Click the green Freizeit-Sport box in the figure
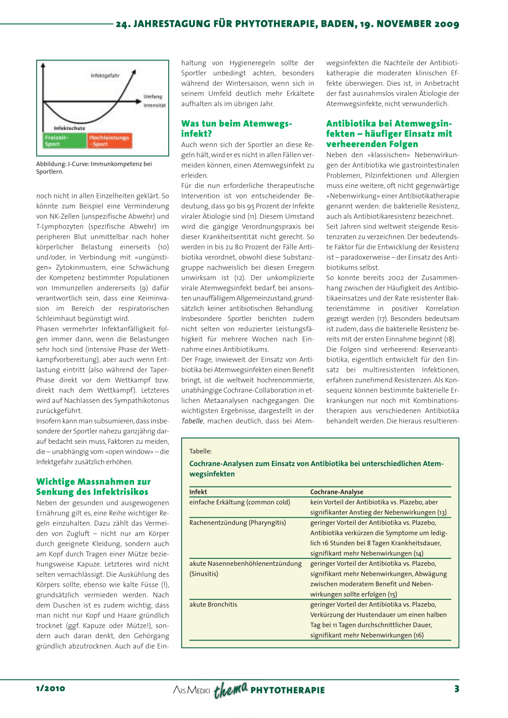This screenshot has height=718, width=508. click(64, 141)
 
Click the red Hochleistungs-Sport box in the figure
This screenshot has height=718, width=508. click(110, 141)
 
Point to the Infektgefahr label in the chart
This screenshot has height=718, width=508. click(105, 76)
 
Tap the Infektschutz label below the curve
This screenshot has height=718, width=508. click(69, 128)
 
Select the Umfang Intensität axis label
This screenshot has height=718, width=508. click(154, 101)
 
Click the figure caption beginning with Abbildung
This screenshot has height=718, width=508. click(94, 168)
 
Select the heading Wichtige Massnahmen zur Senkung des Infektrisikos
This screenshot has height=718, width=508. click(93, 486)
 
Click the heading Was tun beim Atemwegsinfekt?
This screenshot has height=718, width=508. click(237, 128)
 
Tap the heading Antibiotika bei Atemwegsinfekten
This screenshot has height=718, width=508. click(389, 133)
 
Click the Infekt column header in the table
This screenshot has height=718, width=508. click(198, 492)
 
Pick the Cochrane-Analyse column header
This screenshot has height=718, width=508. click(337, 492)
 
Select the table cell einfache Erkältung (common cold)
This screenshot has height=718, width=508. click(240, 502)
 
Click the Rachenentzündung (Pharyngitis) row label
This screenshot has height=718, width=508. click(238, 523)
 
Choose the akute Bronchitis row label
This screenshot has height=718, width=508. click(213, 604)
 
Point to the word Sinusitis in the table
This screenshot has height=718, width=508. click(204, 574)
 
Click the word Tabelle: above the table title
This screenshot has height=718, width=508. click(200, 451)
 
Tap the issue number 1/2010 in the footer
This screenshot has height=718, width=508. click(51, 688)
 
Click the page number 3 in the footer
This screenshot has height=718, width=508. click(456, 688)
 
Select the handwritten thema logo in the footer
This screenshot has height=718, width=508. click(230, 689)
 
